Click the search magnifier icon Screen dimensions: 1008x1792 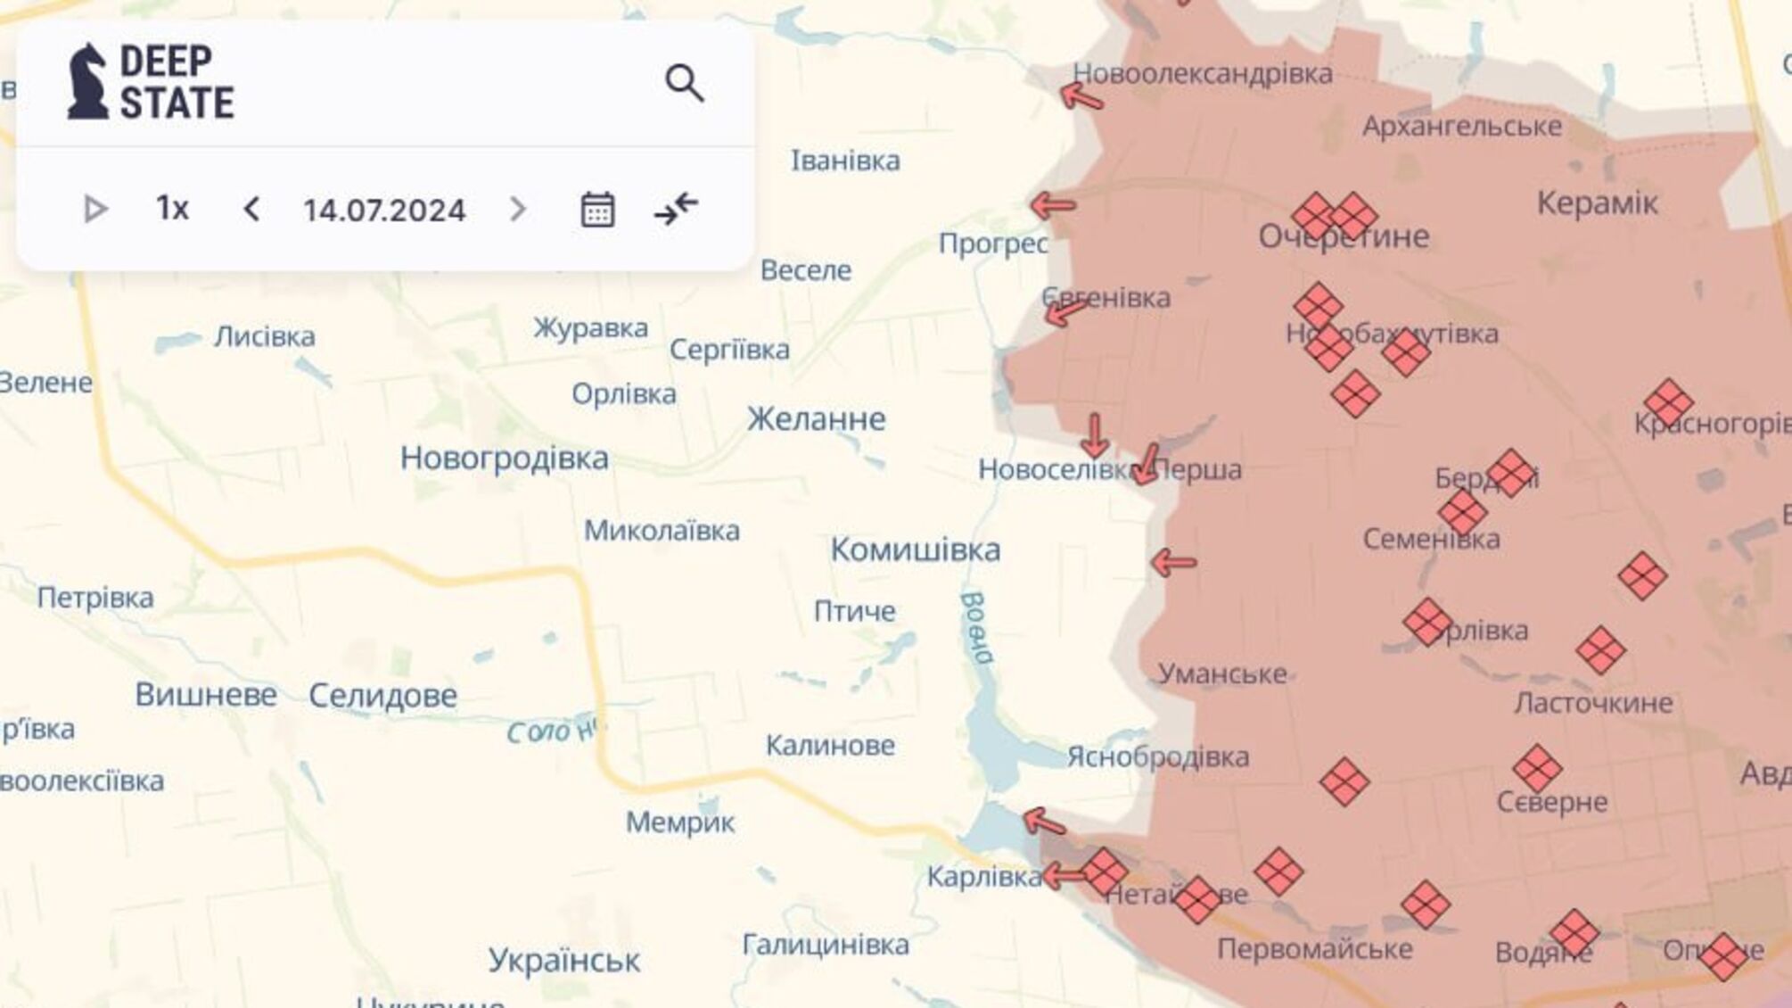point(684,84)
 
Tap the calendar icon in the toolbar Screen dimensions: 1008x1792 point(596,210)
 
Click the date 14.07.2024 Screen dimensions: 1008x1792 point(384,211)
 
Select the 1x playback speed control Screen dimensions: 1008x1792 point(172,209)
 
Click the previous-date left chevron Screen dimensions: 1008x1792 point(251,210)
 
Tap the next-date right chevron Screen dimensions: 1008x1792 point(518,210)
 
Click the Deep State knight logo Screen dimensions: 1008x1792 point(87,82)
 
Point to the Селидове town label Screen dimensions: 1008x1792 point(382,695)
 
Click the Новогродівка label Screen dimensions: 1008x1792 point(504,458)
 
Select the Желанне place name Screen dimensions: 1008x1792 point(816,418)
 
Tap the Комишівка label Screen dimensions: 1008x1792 point(915,549)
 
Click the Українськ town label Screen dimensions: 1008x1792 point(563,960)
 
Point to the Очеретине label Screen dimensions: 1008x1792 point(1343,236)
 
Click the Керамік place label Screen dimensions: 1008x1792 point(1597,203)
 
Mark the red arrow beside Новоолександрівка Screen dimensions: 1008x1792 point(1081,96)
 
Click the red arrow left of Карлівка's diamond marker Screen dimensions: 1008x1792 point(1063,876)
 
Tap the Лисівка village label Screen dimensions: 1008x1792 point(264,336)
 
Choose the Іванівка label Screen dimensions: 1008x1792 point(845,161)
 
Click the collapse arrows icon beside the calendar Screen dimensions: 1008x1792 point(676,209)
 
